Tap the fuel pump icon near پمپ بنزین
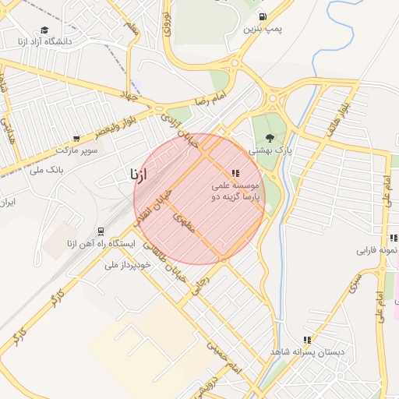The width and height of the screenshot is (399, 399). tap(263, 16)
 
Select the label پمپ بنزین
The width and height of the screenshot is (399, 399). tap(263, 29)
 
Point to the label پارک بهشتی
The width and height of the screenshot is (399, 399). tap(270, 150)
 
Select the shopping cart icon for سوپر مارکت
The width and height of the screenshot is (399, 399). tap(76, 138)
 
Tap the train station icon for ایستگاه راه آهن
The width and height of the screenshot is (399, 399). tap(101, 231)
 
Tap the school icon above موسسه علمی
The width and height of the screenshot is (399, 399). tap(235, 173)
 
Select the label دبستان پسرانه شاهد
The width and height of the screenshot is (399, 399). tap(307, 352)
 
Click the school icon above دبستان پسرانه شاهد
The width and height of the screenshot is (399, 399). tap(307, 340)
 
